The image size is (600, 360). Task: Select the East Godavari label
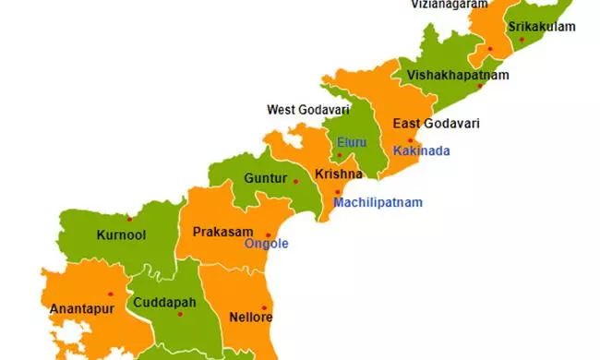point(436,124)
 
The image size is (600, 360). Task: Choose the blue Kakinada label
point(421,150)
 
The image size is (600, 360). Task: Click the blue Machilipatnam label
point(378,202)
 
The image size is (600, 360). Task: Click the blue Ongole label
point(266,244)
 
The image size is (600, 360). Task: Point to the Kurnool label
point(121,235)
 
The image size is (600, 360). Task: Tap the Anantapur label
point(81,308)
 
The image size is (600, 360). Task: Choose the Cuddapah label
point(163,302)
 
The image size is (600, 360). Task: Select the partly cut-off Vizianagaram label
point(450,5)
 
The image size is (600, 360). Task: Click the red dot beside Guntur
point(295,181)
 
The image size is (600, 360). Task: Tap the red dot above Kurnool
point(129,219)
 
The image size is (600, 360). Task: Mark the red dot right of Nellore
point(264,308)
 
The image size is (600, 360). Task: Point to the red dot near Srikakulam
point(522,40)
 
